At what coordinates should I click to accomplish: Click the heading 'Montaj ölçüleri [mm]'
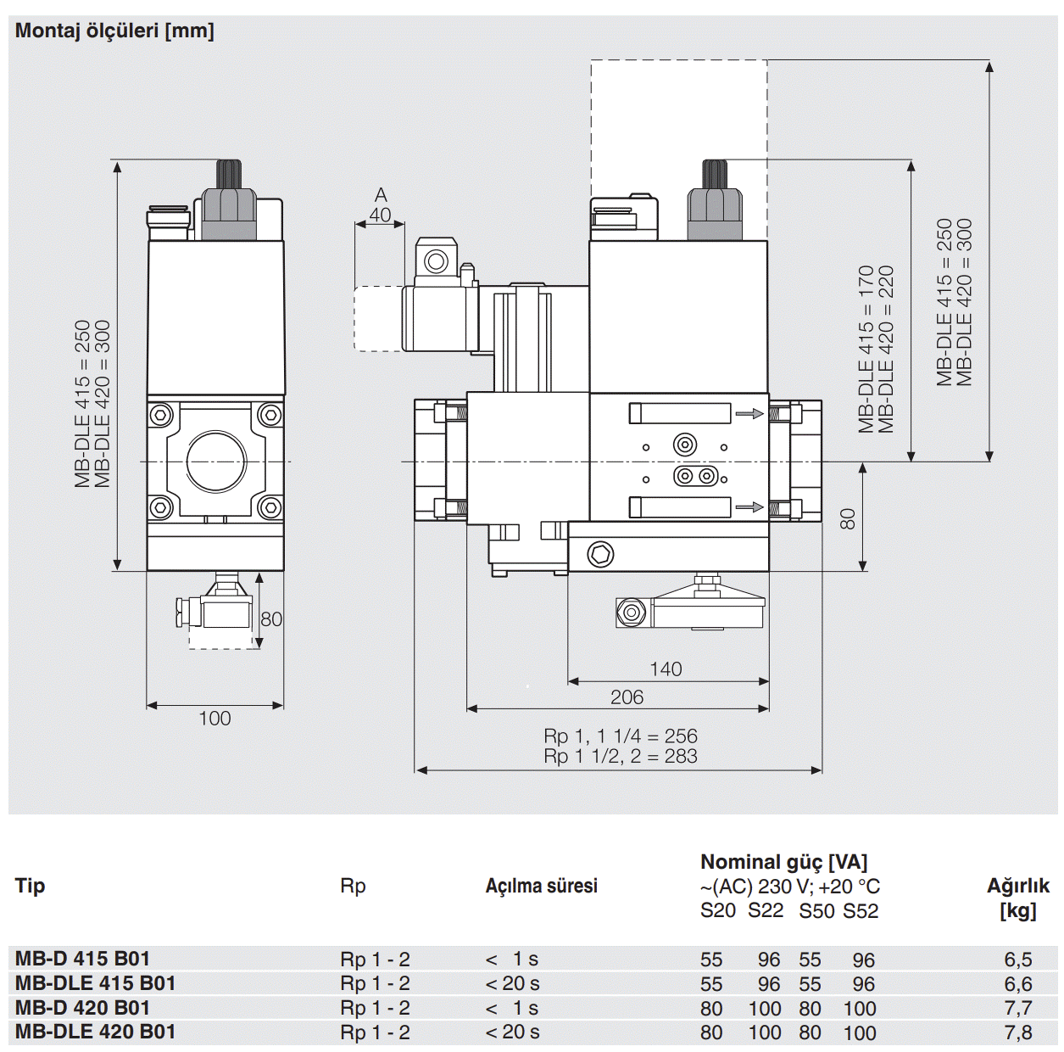tap(114, 31)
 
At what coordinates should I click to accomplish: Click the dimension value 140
tap(666, 669)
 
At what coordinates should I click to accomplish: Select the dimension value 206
tap(627, 697)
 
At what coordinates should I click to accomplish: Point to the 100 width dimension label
tap(214, 719)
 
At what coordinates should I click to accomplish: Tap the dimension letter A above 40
tap(381, 196)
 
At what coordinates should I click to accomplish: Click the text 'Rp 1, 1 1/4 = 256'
tap(621, 736)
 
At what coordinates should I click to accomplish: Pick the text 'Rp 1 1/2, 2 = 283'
tap(621, 756)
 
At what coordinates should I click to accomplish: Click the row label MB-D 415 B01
tap(82, 959)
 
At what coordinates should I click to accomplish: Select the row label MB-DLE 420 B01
tap(95, 1032)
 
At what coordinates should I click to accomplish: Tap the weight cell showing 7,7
tap(1017, 1009)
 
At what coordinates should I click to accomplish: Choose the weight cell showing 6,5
tap(1017, 960)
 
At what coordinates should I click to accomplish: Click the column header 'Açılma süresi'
tap(541, 886)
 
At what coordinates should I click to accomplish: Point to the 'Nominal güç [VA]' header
tap(783, 862)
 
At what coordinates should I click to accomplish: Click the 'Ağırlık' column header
tap(1017, 886)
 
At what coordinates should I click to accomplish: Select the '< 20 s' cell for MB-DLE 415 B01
tap(512, 984)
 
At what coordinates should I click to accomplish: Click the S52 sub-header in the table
tap(861, 911)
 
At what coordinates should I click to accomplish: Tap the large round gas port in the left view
tap(216, 461)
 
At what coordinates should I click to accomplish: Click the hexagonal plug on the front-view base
tap(600, 556)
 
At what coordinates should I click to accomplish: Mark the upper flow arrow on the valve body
tap(749, 414)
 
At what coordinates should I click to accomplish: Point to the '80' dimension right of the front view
tap(847, 518)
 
